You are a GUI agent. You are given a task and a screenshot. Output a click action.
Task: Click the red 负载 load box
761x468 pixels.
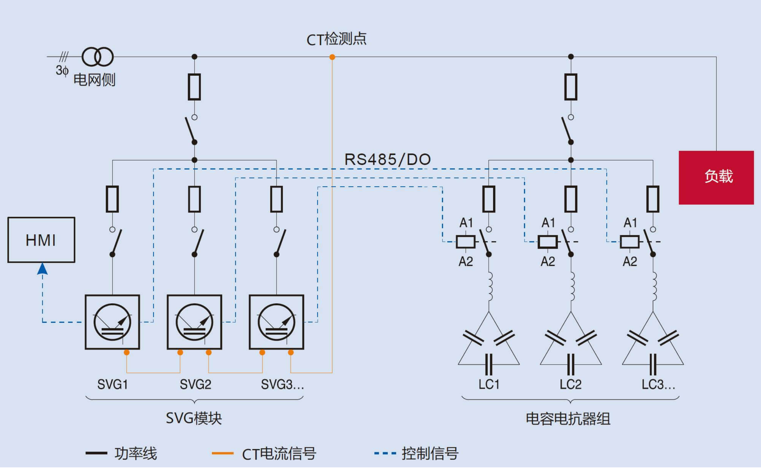click(x=716, y=177)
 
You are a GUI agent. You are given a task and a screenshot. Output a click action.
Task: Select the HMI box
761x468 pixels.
click(x=41, y=240)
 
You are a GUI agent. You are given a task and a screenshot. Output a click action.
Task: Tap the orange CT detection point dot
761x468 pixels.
click(x=332, y=57)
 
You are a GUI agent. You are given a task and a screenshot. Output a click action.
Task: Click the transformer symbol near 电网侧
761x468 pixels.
click(x=97, y=56)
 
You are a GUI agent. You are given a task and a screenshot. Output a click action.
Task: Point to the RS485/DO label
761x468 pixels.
click(x=387, y=160)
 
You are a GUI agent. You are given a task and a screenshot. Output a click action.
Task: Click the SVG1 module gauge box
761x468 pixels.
click(x=112, y=322)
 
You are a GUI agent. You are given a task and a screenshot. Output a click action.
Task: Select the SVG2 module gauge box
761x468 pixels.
click(x=194, y=322)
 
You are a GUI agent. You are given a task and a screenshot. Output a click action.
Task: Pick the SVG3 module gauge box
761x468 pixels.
click(x=276, y=322)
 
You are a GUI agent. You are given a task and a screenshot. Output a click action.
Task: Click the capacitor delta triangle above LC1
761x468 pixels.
click(x=488, y=344)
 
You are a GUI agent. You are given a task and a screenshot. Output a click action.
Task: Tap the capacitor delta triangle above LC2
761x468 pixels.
click(x=570, y=344)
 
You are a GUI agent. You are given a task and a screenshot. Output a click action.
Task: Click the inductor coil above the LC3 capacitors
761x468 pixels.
click(x=653, y=286)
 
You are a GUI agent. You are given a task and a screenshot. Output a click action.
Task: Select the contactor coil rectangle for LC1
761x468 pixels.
click(x=465, y=242)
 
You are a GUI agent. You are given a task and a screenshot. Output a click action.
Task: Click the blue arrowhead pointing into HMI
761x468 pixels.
click(x=42, y=269)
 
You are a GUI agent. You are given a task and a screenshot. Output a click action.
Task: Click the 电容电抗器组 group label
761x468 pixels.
click(x=568, y=419)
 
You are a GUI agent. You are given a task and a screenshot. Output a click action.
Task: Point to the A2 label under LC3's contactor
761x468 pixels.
click(x=630, y=261)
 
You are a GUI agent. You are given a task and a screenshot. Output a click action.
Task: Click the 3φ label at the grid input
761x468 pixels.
click(x=62, y=70)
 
